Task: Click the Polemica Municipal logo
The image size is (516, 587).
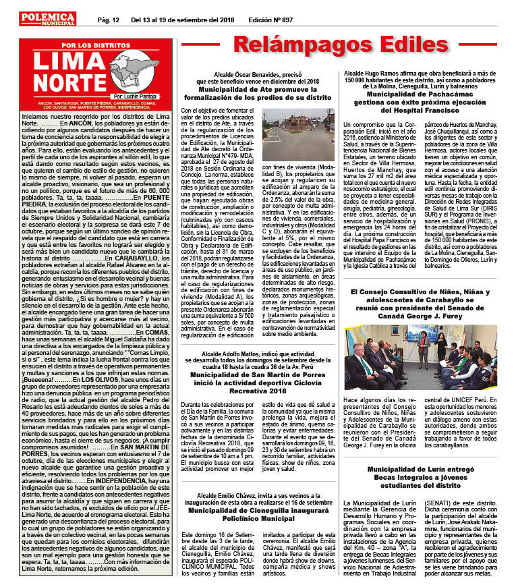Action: tap(48, 19)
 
